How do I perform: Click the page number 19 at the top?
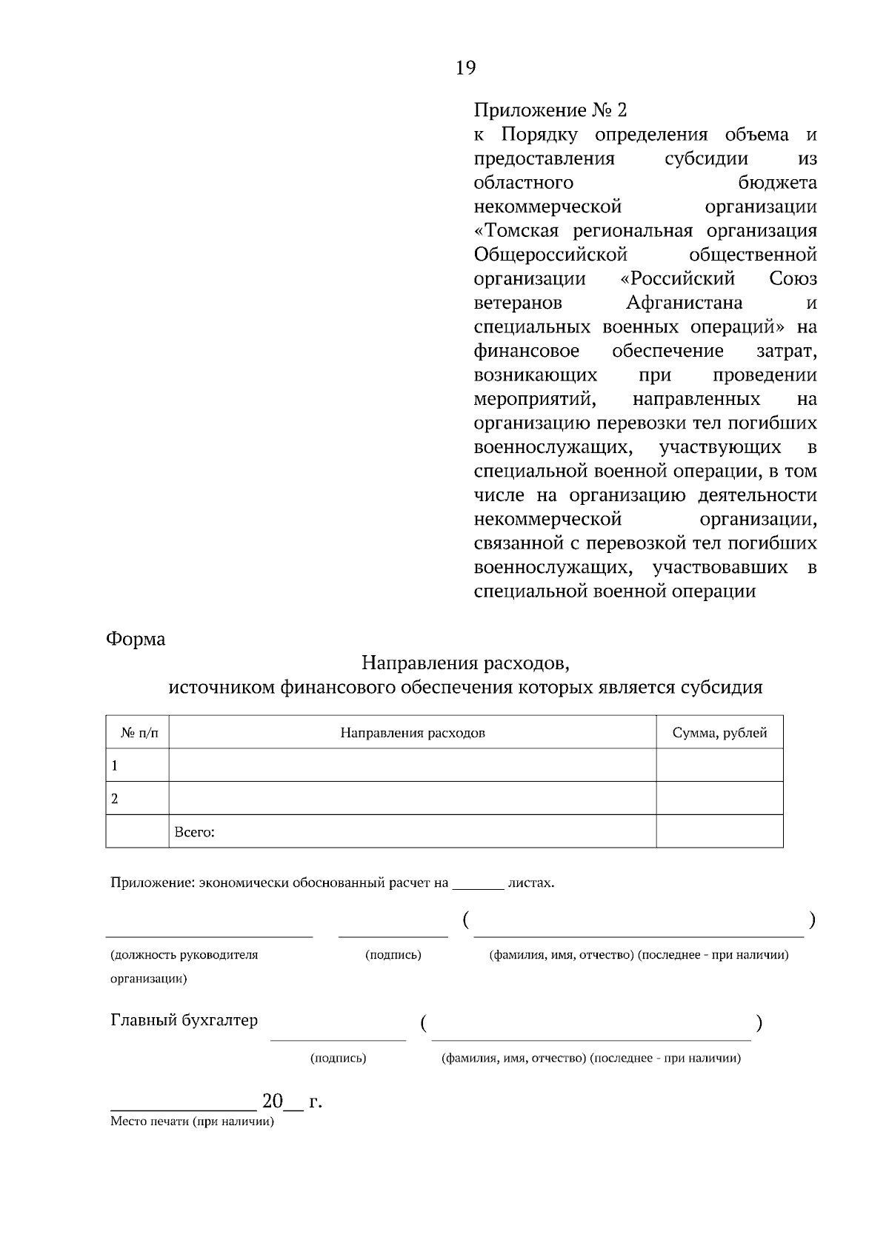pos(465,68)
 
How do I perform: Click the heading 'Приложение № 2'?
pos(550,111)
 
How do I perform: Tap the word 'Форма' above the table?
pos(136,639)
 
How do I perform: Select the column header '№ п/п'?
pos(139,733)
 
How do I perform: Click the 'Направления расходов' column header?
pos(413,733)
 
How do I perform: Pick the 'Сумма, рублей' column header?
pos(719,733)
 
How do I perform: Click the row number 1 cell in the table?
pos(138,766)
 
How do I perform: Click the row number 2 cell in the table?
pos(138,799)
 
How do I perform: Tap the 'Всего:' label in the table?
pos(194,832)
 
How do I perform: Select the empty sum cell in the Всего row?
pos(719,831)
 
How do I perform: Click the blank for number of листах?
pos(478,883)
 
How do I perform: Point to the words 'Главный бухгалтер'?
pos(184,1020)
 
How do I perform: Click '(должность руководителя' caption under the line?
pos(184,955)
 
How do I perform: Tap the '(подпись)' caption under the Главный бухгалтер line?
pos(338,1059)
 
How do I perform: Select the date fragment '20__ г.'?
pos(292,1102)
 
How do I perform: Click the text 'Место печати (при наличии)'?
pos(192,1122)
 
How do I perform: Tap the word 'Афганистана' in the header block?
pos(684,304)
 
